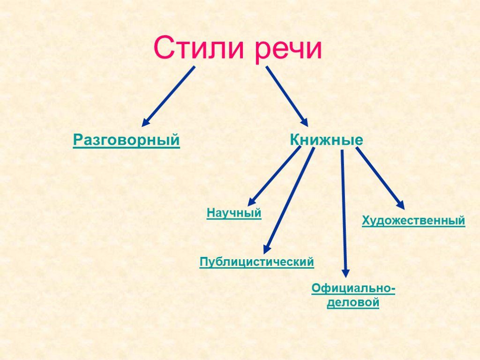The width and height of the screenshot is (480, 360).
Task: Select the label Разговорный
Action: (127, 140)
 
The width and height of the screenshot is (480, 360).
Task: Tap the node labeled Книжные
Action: (327, 140)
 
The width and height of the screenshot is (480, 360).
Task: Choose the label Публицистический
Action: (257, 262)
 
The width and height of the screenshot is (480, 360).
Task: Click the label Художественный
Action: (413, 220)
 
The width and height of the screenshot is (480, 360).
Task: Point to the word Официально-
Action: (353, 289)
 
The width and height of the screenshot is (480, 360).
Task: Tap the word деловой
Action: (353, 303)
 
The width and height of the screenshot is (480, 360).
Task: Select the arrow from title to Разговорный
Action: (169, 96)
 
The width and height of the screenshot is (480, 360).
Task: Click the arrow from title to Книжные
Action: (287, 96)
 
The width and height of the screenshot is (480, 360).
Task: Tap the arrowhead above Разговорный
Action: (146, 122)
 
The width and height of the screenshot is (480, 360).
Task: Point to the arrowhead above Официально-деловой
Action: (345, 272)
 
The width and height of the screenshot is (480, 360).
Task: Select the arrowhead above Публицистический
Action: (266, 249)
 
